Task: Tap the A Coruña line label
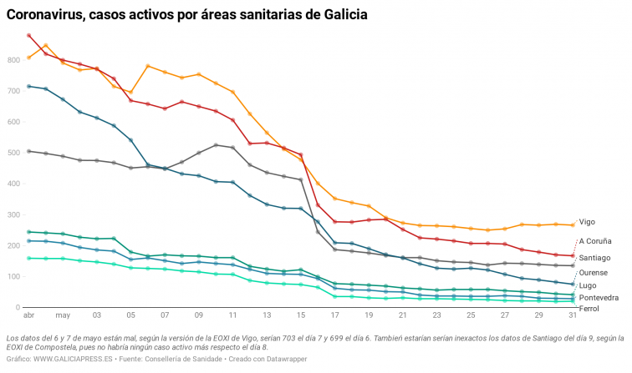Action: click(594, 241)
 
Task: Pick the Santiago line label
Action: click(594, 257)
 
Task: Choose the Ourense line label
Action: click(594, 273)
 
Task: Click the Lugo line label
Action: click(588, 285)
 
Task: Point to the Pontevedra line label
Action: click(599, 297)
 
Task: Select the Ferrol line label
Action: click(589, 309)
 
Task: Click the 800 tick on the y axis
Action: click(14, 61)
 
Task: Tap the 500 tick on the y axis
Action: click(14, 154)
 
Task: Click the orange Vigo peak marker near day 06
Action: click(148, 66)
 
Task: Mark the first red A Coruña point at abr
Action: click(29, 36)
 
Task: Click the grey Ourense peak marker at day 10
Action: click(217, 145)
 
